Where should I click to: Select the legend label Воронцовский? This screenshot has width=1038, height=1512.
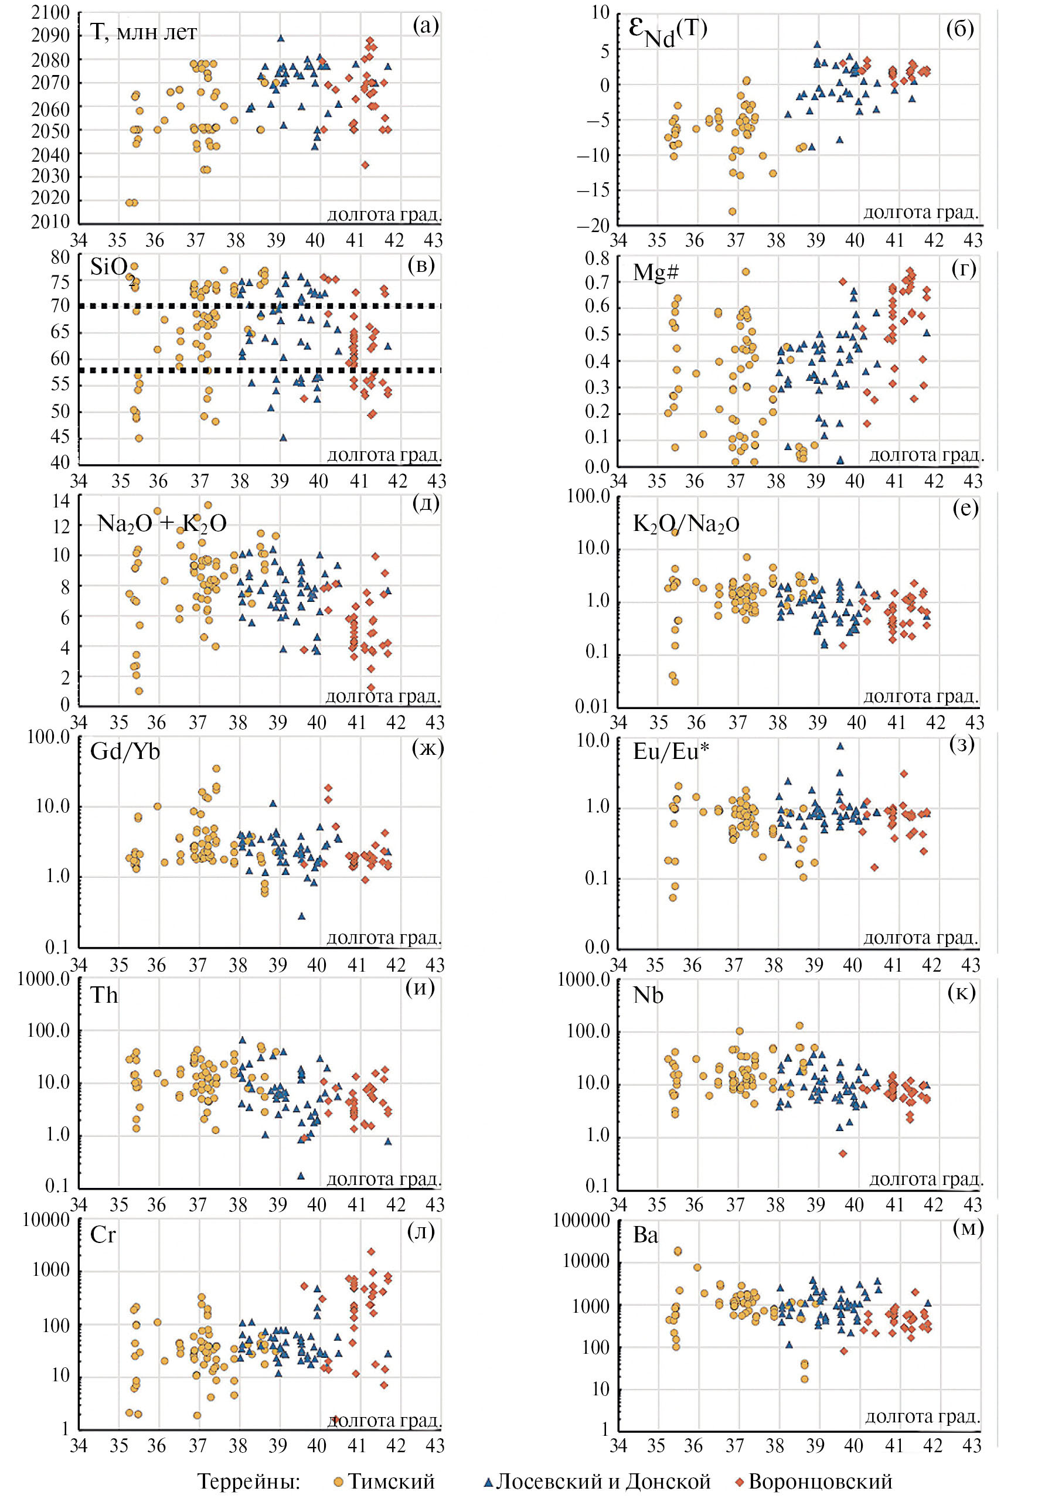click(820, 1482)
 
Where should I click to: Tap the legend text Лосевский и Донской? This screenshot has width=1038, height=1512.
click(603, 1482)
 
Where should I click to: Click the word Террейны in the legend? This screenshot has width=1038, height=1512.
click(249, 1482)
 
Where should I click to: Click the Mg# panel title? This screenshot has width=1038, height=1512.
click(655, 272)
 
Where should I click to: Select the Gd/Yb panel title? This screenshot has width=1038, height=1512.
click(125, 752)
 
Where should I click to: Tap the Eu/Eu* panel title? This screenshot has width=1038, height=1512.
click(671, 752)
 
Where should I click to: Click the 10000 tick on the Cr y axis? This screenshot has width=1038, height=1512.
click(46, 1219)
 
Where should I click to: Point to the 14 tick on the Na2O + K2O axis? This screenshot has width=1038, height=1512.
click(61, 500)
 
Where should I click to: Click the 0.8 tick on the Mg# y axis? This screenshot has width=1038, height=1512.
click(597, 258)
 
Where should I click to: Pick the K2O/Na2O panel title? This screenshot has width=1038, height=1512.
click(686, 524)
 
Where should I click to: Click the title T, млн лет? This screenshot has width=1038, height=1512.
click(144, 33)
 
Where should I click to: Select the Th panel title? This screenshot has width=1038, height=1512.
click(104, 996)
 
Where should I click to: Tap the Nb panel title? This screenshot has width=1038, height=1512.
click(648, 996)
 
